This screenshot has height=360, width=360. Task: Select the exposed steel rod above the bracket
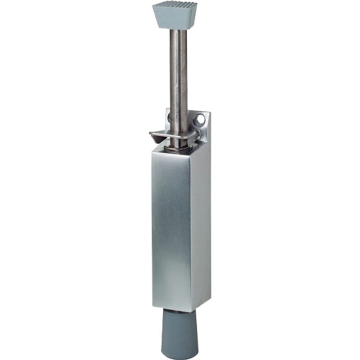pyautogui.click(x=178, y=72)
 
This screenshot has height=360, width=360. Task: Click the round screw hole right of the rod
pyautogui.click(x=200, y=120)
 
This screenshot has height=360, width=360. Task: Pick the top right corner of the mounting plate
pyautogui.click(x=208, y=114)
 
